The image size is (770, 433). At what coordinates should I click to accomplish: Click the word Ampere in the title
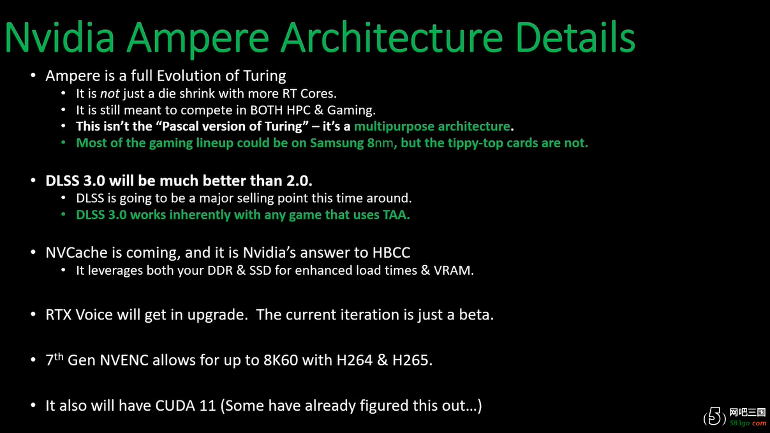tap(198, 38)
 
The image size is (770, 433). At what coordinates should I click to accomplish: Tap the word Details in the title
tap(575, 37)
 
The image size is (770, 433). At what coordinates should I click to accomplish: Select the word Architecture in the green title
tap(392, 37)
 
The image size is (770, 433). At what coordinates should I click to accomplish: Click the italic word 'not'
tap(110, 94)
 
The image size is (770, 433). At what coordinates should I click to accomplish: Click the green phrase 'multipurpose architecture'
tap(432, 127)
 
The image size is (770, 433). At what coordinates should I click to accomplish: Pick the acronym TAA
tap(396, 215)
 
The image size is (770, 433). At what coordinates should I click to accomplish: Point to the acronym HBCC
tap(392, 253)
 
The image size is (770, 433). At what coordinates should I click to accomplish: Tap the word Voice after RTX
tap(94, 315)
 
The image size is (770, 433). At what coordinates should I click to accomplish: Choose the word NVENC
tap(124, 360)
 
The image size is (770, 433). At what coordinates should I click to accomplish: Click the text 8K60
tap(281, 360)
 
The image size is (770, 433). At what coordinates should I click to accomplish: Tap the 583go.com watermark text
tap(748, 423)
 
